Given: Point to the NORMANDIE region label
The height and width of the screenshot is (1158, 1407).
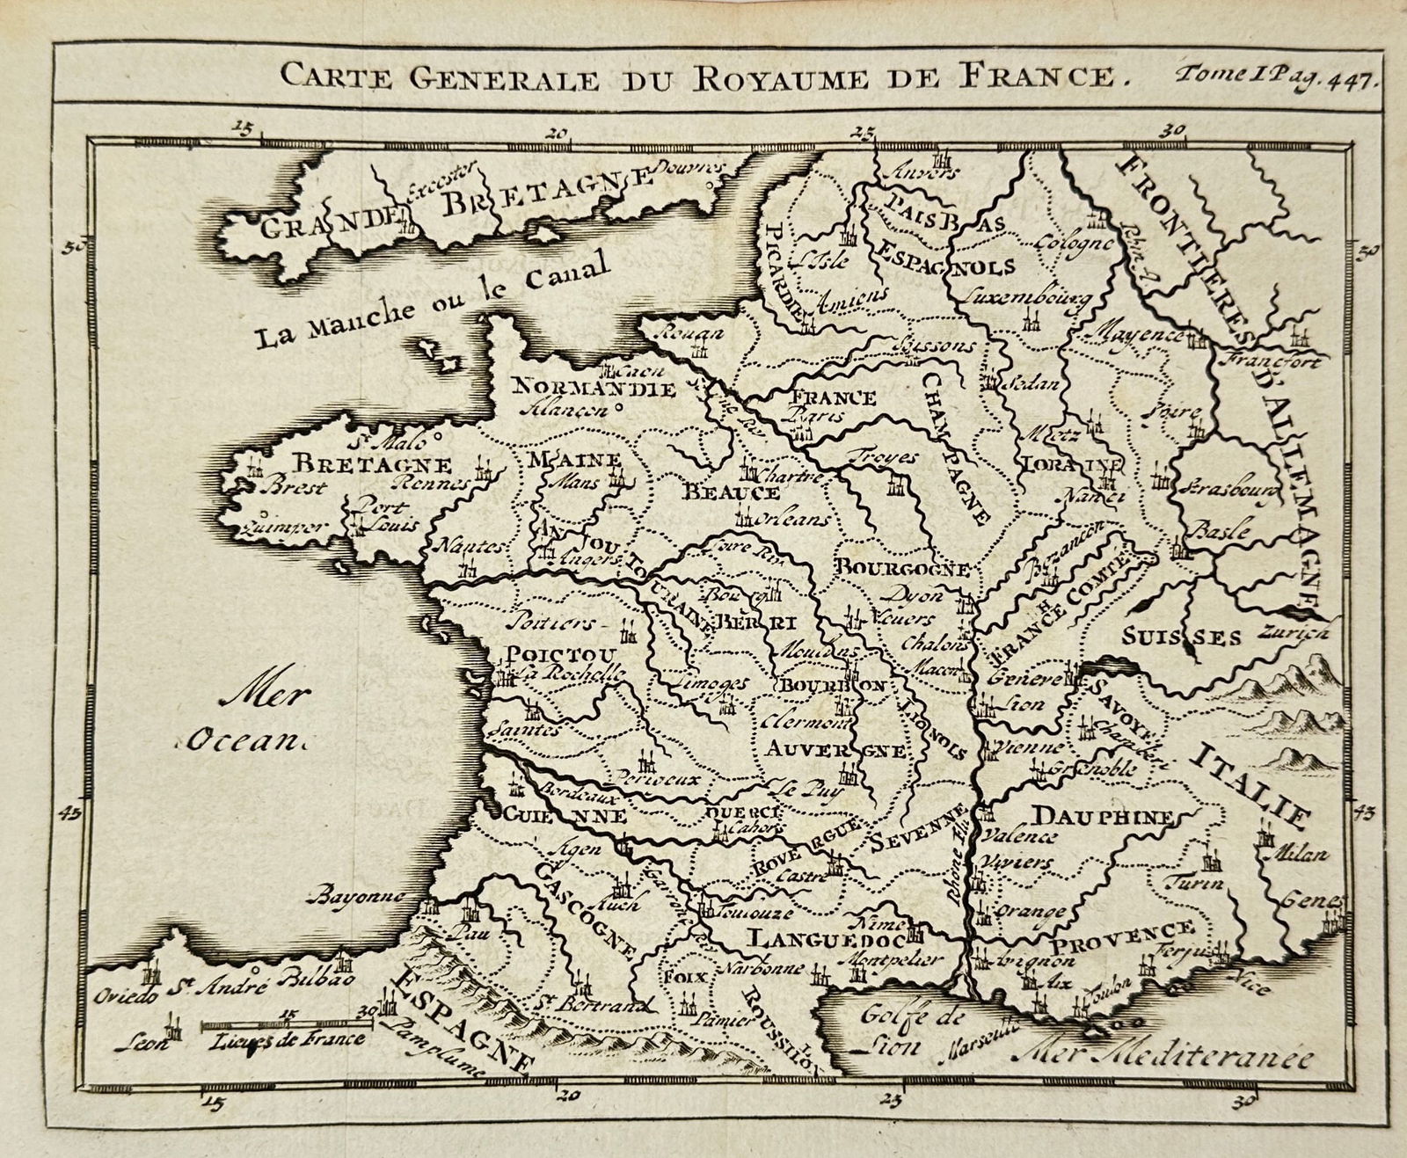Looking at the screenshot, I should click(593, 388).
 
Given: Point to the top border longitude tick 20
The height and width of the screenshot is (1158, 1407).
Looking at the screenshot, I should click(555, 134).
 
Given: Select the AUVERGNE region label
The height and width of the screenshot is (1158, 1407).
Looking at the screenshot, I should click(834, 750).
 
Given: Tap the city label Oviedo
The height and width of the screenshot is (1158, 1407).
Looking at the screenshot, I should click(120, 996).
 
